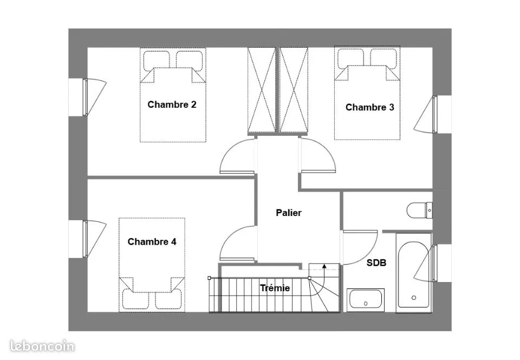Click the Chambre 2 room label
click(x=172, y=104)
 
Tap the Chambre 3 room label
click(x=370, y=107)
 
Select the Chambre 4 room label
click(x=152, y=241)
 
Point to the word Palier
click(x=289, y=213)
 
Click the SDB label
click(x=376, y=263)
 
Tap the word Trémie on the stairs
click(x=275, y=289)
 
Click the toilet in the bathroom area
click(x=419, y=210)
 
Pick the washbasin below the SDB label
click(x=366, y=300)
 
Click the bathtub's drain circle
click(x=413, y=298)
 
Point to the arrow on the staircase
click(x=324, y=271)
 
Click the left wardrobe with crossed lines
click(x=262, y=90)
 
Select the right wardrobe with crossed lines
click(x=294, y=90)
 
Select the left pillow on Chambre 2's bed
click(x=157, y=60)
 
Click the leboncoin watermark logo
click(x=42, y=346)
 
